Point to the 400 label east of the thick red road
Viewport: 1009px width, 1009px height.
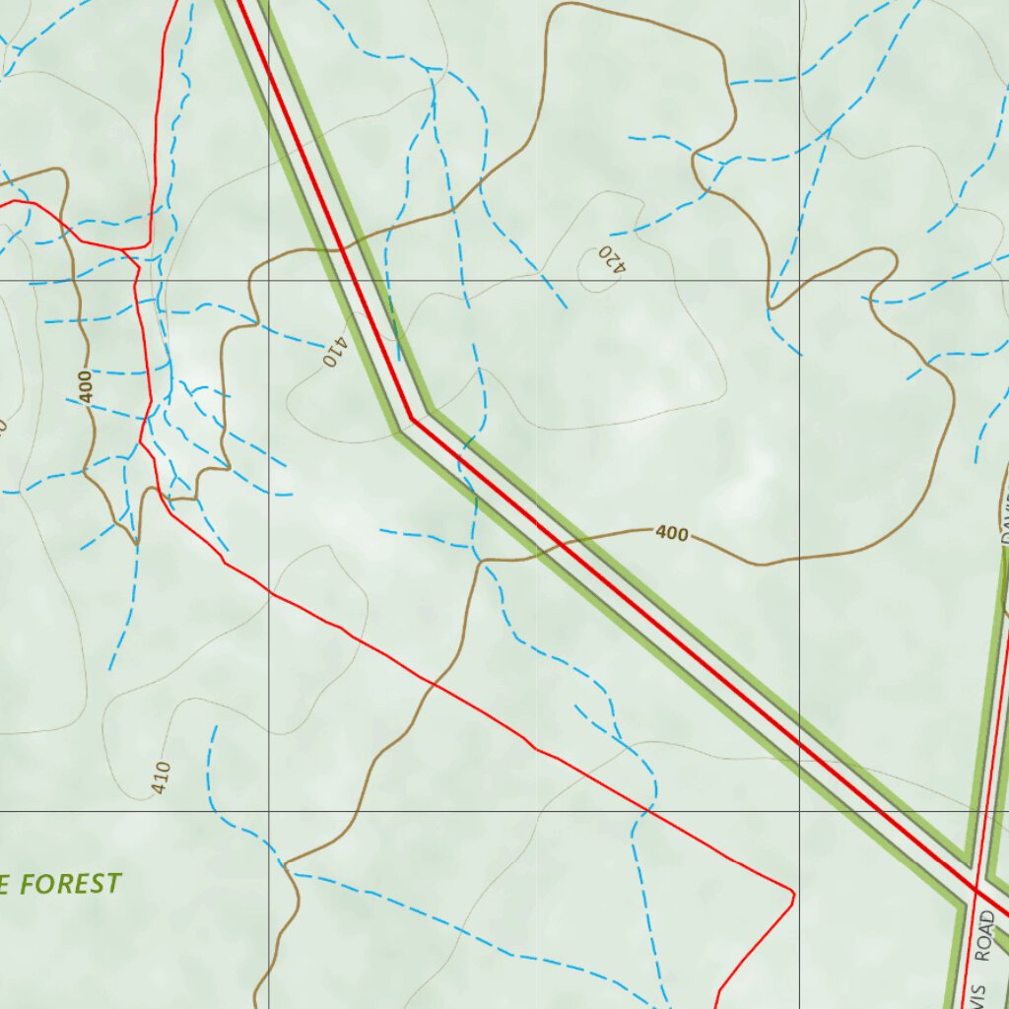point(671,534)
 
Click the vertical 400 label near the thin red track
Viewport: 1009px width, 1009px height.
point(86,385)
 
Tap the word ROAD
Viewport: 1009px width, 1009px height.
point(986,936)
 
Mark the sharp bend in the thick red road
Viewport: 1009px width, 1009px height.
point(412,419)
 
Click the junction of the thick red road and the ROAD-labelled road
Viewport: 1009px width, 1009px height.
point(975,889)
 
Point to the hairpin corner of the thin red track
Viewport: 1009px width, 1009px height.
point(791,894)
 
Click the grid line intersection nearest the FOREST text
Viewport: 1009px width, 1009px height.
point(269,811)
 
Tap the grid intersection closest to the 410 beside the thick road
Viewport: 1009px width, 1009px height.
point(269,281)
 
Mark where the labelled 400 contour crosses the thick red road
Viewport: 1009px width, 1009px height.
point(563,540)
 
